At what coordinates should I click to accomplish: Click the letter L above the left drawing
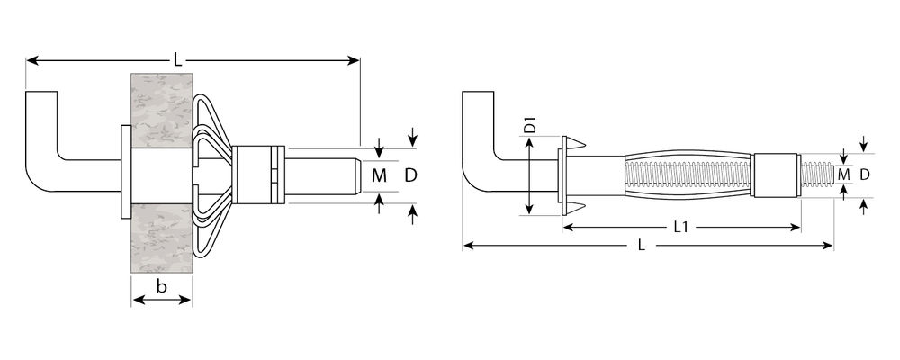click(178, 59)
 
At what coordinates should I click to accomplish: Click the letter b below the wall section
click(161, 287)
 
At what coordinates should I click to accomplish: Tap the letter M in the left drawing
click(379, 175)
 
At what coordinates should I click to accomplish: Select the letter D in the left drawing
click(410, 175)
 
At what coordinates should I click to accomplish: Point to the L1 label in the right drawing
click(681, 228)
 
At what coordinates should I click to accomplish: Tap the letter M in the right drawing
click(843, 174)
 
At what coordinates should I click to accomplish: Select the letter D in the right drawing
click(864, 174)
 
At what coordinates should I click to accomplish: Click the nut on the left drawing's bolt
click(258, 174)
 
